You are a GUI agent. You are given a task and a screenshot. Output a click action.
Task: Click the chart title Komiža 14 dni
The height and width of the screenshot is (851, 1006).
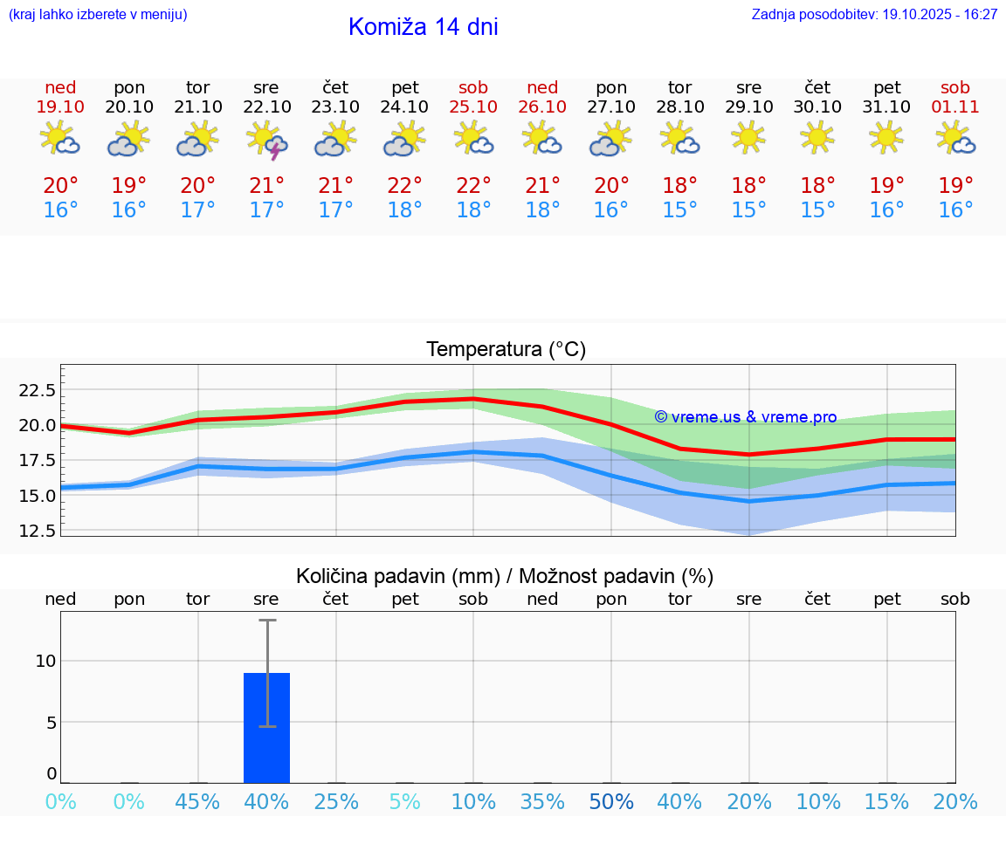pos(423,27)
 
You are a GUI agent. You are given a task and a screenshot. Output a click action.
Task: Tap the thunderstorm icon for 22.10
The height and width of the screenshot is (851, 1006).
pos(267,140)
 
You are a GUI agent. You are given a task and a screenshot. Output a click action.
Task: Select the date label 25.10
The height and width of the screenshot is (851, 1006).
pos(473,107)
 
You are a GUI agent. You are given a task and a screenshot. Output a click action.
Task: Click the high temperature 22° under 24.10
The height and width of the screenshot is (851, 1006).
pos(404,186)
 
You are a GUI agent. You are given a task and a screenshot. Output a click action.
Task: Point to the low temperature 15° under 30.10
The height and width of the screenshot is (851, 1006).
pos(817,210)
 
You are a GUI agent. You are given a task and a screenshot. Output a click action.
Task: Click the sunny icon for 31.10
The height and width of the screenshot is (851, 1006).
pos(886,138)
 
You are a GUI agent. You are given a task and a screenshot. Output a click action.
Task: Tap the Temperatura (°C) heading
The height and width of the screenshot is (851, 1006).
pos(506,350)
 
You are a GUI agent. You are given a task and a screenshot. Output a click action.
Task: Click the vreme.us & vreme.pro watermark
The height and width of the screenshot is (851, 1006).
pos(745,417)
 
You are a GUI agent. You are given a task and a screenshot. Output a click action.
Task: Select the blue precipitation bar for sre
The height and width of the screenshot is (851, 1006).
pos(266,728)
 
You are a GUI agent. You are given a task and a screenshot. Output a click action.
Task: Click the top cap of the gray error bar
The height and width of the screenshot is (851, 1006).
pos(266,621)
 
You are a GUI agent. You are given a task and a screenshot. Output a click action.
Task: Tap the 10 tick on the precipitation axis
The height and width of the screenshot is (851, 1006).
pos(45,661)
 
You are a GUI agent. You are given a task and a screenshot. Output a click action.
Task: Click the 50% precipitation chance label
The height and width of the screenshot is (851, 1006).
pos(611,802)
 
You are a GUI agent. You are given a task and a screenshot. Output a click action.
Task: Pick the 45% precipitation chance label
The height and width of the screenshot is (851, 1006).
pos(197,802)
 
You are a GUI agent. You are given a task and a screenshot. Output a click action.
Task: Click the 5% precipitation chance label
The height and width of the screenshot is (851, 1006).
pos(404,802)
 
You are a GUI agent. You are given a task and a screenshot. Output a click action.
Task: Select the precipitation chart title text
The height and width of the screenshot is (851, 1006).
pos(505,576)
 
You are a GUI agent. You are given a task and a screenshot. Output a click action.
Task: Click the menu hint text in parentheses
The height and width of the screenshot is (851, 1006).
pos(98,15)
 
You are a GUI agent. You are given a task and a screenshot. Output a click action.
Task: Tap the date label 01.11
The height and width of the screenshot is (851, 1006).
pos(955,107)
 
